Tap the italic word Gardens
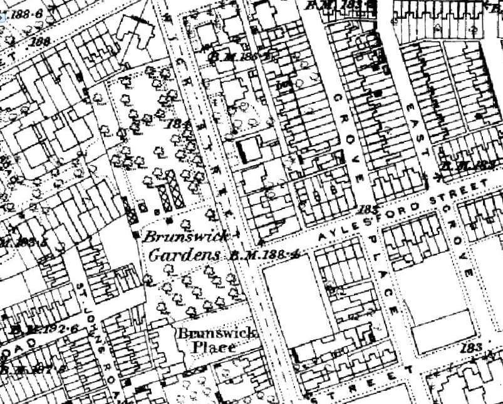[184, 255]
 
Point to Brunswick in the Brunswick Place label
[217, 333]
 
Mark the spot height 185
[370, 210]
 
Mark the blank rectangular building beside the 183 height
[442, 331]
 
